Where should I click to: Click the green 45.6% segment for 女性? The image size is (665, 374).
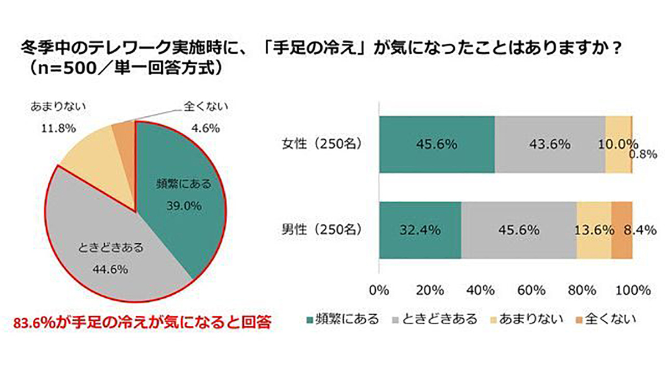[x=436, y=145]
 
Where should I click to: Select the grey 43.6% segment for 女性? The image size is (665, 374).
[x=550, y=145]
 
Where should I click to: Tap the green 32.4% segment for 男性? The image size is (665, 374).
[x=420, y=229]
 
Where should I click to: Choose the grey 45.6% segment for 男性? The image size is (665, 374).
[x=519, y=229]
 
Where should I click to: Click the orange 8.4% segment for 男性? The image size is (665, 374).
[x=622, y=229]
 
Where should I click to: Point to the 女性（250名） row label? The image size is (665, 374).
[x=321, y=145]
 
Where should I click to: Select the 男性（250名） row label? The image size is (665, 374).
[x=321, y=229]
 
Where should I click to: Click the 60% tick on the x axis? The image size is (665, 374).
[x=531, y=290]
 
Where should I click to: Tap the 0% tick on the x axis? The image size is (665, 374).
[x=379, y=290]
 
